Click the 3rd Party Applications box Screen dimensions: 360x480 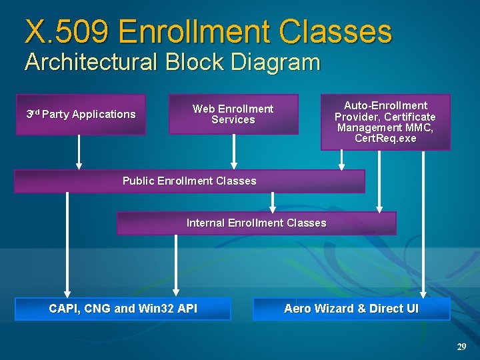(81, 115)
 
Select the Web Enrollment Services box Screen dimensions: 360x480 (233, 114)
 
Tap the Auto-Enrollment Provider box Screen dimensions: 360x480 (385, 122)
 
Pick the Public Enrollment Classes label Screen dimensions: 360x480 (189, 181)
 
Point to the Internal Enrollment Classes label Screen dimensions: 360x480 (256, 223)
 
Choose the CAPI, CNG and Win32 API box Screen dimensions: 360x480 (123, 309)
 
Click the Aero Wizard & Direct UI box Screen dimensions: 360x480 (351, 309)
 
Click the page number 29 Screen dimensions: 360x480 (461, 347)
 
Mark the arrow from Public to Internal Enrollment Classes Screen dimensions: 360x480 (272, 202)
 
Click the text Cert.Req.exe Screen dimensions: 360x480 (385, 139)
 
